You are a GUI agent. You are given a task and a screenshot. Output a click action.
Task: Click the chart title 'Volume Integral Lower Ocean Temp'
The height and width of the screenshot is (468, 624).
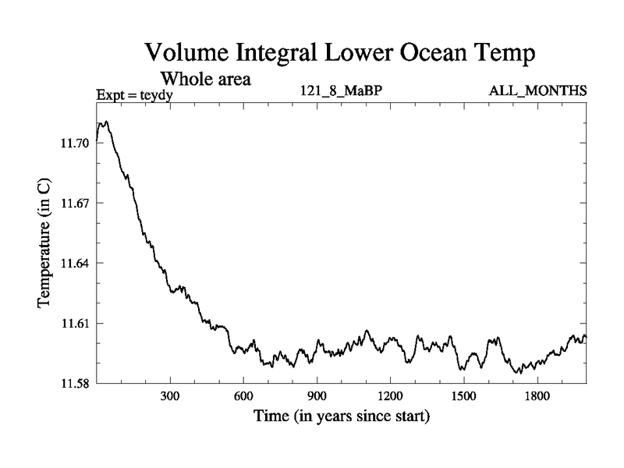[340, 54]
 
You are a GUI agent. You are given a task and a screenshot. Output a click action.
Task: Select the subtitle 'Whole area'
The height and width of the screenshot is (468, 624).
[205, 80]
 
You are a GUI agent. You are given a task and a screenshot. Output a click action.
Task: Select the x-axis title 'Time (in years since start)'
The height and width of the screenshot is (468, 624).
[342, 417]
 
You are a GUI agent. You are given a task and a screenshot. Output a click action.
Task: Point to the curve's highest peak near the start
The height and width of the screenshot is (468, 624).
[105, 122]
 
